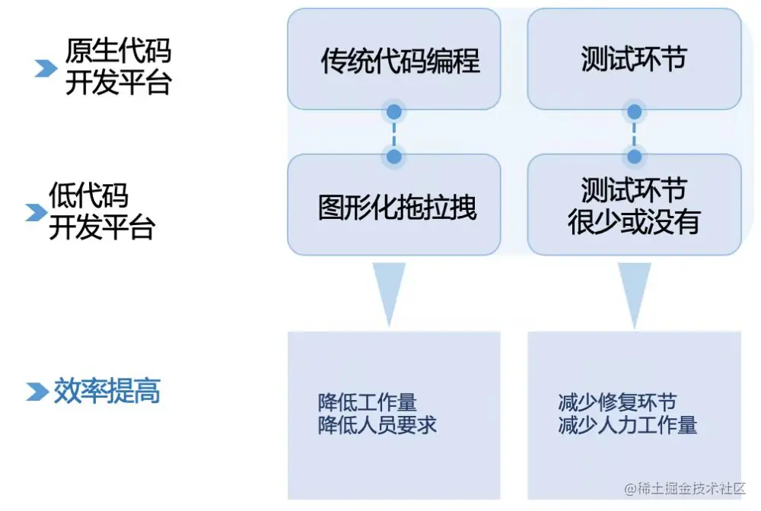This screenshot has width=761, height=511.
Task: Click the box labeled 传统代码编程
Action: click(393, 59)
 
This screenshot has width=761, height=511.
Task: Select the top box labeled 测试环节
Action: click(634, 59)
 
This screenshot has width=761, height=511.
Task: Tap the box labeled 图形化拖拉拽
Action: click(393, 205)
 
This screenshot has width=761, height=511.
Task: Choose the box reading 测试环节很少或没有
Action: click(634, 205)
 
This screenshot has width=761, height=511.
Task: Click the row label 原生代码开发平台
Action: click(118, 67)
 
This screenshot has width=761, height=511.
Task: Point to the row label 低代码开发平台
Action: click(101, 211)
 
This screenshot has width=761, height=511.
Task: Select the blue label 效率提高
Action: click(107, 391)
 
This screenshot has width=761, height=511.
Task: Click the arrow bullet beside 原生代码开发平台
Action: click(46, 68)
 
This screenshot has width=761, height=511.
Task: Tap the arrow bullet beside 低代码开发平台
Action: click(35, 212)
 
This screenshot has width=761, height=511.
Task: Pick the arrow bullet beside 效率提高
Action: click(37, 392)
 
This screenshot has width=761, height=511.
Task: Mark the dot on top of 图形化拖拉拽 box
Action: click(393, 157)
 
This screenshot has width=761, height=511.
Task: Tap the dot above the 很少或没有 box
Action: click(634, 157)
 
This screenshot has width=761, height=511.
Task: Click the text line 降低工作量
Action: click(368, 402)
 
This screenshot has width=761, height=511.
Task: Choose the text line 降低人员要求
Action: click(377, 425)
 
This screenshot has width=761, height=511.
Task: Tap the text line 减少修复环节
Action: click(617, 402)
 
